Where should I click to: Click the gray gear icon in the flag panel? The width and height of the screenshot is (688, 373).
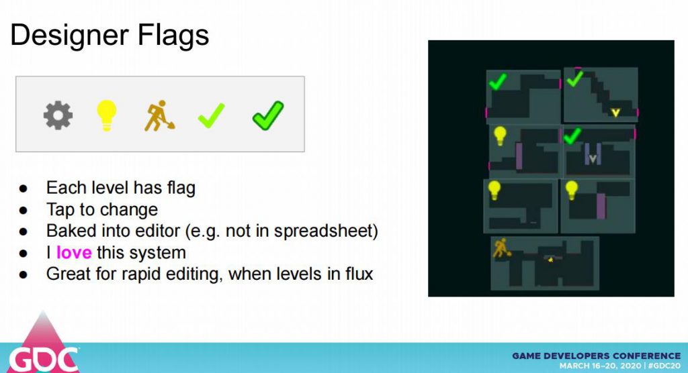[58, 115]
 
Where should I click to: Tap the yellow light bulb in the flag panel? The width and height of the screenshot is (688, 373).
[106, 115]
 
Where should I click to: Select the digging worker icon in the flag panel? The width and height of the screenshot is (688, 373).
[159, 116]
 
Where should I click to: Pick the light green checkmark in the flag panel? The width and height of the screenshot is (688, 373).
[212, 115]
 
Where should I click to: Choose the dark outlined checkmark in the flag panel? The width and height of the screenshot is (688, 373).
[268, 115]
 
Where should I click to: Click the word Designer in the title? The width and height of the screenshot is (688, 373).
[69, 35]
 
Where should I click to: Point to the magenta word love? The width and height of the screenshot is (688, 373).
[74, 252]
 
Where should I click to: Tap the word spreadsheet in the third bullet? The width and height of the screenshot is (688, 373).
[323, 231]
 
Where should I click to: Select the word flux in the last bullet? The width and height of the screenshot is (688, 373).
[359, 274]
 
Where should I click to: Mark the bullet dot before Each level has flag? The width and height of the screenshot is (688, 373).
[24, 189]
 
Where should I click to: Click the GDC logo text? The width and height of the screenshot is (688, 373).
[44, 360]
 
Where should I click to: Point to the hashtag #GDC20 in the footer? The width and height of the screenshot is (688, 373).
[664, 366]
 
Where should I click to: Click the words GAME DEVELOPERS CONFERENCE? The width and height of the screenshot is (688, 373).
[597, 356]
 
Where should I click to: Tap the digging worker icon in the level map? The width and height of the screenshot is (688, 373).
[501, 248]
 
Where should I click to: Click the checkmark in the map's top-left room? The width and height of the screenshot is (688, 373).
[498, 82]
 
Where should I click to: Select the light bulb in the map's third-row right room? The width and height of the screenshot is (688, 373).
[571, 191]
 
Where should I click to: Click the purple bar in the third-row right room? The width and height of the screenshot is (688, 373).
[601, 206]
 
